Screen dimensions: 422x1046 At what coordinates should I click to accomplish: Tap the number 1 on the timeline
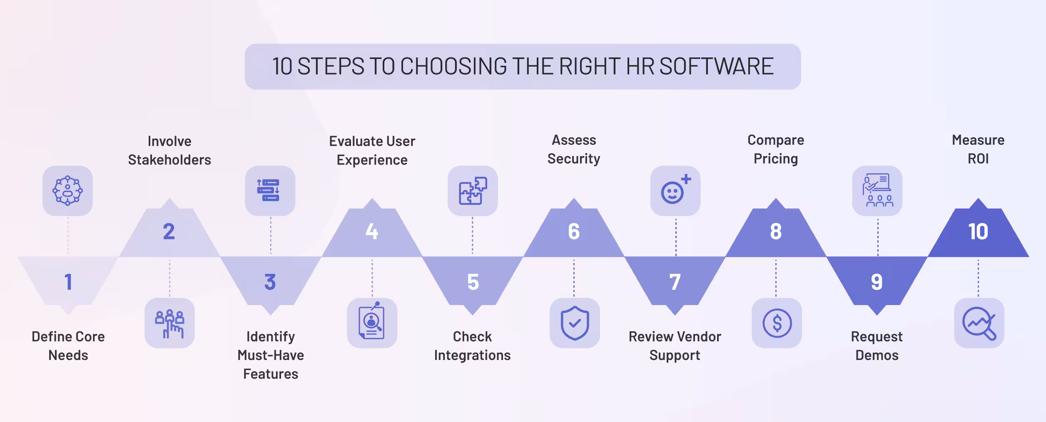tap(68, 282)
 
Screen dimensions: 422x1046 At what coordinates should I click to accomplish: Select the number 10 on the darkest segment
tap(978, 231)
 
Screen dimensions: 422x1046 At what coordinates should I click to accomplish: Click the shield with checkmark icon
tap(575, 323)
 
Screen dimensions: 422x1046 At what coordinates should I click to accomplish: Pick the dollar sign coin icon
tap(777, 323)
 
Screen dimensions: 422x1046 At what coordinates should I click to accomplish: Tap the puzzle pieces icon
tap(473, 191)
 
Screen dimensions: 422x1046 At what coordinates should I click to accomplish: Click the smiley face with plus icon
tap(675, 191)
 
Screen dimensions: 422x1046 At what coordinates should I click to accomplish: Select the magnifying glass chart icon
tap(979, 323)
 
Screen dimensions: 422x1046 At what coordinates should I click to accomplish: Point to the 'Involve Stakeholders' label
tap(169, 150)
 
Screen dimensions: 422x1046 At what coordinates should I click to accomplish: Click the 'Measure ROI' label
tap(978, 149)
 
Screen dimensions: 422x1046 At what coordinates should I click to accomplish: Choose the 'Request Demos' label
tap(877, 345)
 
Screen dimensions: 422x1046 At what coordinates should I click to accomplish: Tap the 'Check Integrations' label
tap(472, 345)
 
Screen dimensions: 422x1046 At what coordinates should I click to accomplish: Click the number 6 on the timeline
tap(574, 231)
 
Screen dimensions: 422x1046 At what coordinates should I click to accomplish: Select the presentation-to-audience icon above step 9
tap(877, 191)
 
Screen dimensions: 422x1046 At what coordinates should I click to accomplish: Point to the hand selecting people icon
tap(169, 323)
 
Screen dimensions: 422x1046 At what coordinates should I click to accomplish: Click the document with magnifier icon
tap(372, 323)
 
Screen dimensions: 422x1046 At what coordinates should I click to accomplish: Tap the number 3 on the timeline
tap(270, 282)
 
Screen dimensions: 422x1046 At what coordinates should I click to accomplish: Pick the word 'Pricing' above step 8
tap(776, 159)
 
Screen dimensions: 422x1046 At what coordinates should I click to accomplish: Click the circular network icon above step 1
tap(67, 191)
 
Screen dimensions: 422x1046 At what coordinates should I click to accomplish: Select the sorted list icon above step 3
tap(270, 191)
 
